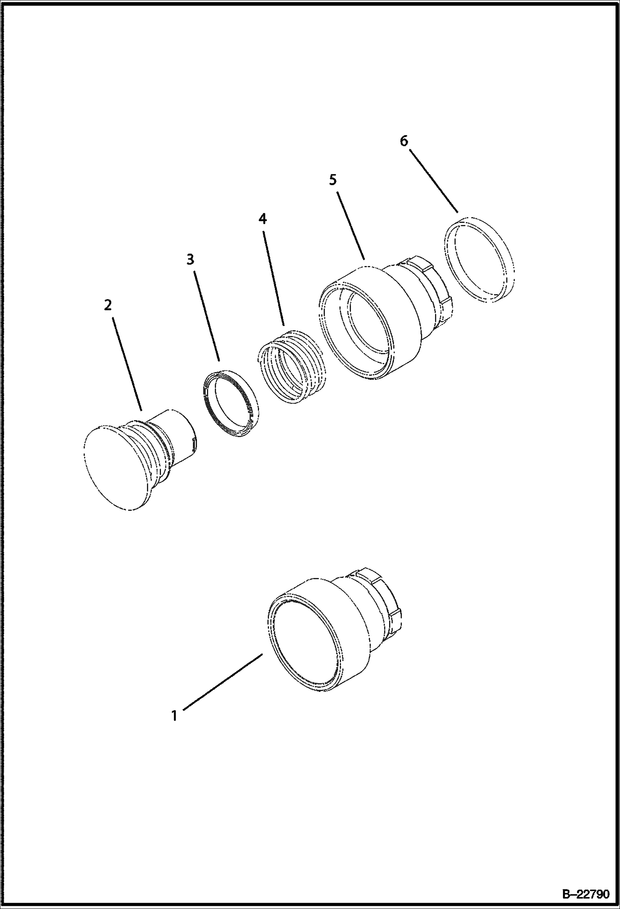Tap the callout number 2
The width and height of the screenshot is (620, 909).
click(108, 306)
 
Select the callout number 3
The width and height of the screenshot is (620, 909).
click(190, 260)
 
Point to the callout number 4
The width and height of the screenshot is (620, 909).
click(263, 219)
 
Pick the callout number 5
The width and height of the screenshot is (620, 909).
click(333, 180)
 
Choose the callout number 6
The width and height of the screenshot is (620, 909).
click(404, 141)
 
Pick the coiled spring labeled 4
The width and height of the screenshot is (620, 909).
click(290, 366)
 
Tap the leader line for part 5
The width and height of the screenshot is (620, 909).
click(351, 225)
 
